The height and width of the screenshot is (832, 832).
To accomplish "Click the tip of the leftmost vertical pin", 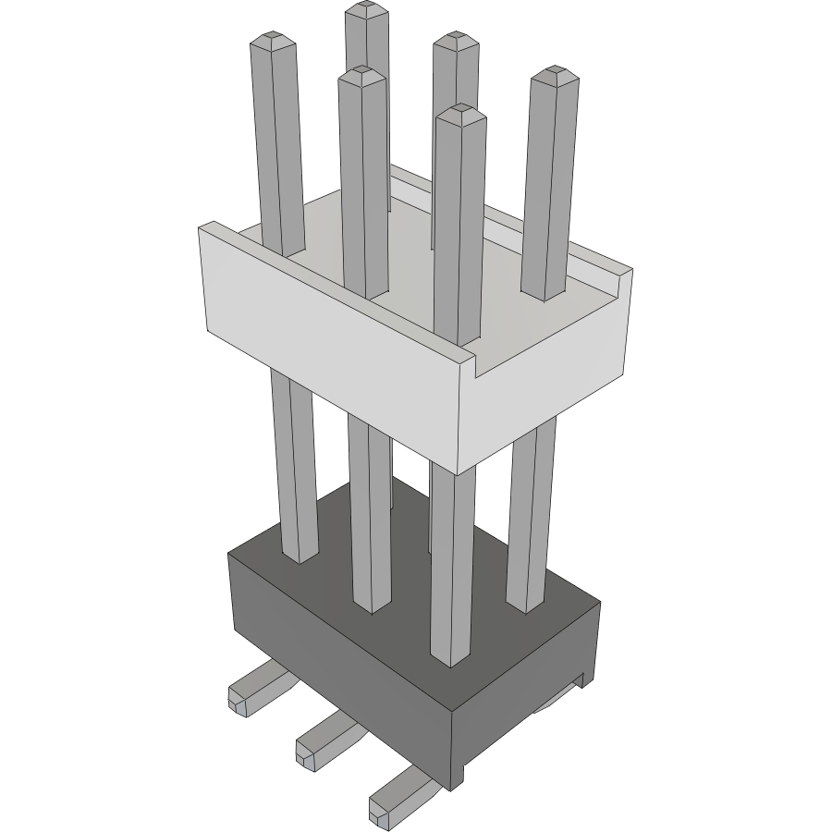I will (x=275, y=43).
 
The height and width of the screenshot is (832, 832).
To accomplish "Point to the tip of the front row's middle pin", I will (x=361, y=75).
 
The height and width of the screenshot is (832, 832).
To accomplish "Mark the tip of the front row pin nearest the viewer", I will (x=460, y=113).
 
